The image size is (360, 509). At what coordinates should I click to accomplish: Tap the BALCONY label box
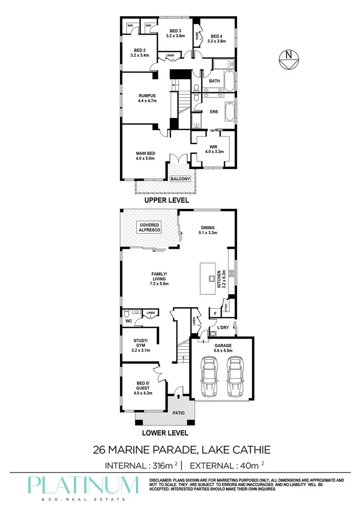click(180, 179)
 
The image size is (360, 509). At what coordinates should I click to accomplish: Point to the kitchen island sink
click(211, 278)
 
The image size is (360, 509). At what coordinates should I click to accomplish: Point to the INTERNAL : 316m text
click(141, 466)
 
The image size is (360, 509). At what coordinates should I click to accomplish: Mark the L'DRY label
click(223, 327)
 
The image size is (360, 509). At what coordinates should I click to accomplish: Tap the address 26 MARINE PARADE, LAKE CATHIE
click(181, 450)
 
